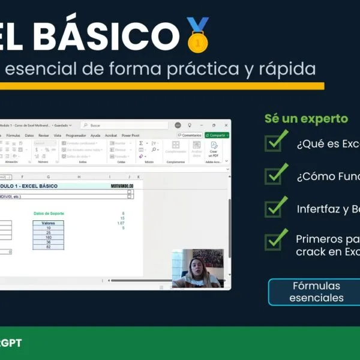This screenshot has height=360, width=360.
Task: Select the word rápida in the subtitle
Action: (x=289, y=69)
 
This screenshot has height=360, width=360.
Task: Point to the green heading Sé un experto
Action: (x=306, y=118)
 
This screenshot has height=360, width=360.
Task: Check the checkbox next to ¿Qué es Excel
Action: (x=275, y=143)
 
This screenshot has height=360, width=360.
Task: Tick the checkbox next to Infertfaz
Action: (x=275, y=208)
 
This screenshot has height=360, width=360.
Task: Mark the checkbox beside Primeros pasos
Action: (x=275, y=240)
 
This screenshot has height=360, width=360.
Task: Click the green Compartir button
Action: (x=217, y=136)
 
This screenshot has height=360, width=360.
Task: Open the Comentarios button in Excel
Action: (x=190, y=136)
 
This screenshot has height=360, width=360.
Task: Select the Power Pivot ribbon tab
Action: (x=130, y=136)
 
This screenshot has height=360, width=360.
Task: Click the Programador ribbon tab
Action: (x=76, y=136)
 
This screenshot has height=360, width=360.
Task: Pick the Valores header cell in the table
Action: (x=48, y=223)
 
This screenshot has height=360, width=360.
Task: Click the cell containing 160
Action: (x=48, y=237)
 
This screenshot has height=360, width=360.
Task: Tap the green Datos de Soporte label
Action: (x=49, y=214)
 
